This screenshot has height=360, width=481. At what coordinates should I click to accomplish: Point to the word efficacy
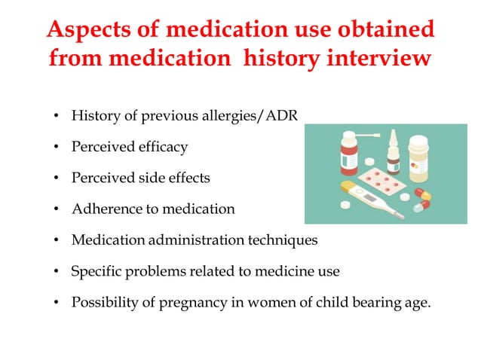[x=161, y=148]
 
